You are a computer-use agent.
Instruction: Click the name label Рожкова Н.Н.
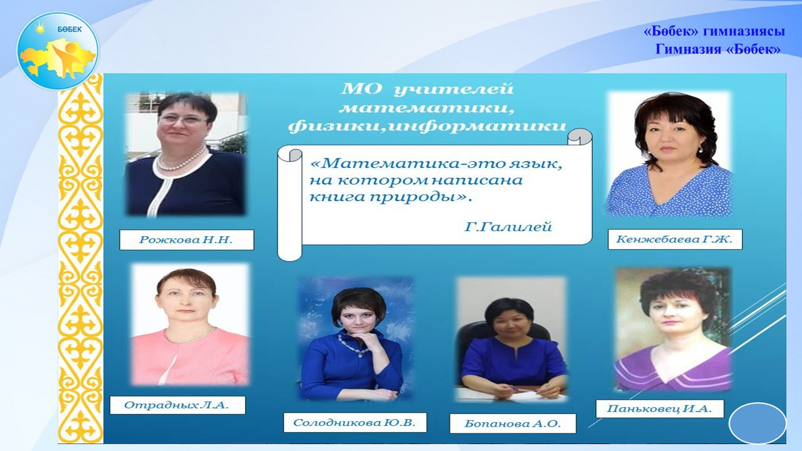coord(187,240)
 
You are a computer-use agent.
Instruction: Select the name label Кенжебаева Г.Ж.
coord(675,239)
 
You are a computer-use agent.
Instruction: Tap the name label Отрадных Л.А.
coord(177,405)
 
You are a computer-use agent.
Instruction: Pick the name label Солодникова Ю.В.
coord(355,423)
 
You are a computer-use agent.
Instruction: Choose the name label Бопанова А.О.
coord(513,424)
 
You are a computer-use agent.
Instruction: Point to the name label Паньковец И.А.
coord(660,409)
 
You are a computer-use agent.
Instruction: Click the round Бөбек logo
coord(58,51)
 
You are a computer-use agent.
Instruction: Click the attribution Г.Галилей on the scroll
coord(508,227)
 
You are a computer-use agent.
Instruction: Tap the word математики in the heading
coord(427,108)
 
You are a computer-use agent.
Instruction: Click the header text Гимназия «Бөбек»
coord(718,49)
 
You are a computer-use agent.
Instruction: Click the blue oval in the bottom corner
coord(758,423)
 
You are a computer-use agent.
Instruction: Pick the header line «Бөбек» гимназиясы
coord(714,31)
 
